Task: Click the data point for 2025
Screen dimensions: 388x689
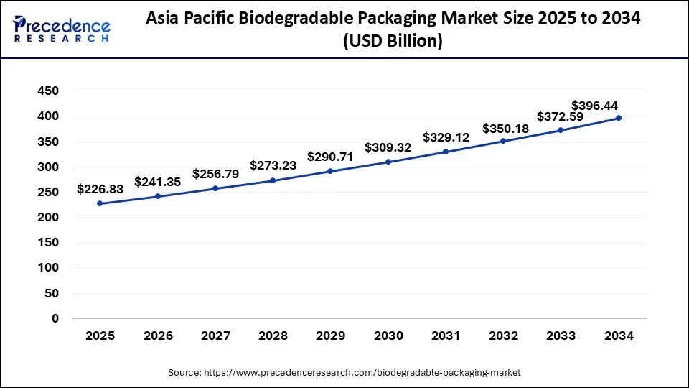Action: point(100,203)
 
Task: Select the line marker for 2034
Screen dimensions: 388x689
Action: point(619,118)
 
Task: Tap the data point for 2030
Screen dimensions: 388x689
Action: point(388,162)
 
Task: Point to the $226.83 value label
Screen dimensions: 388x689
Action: point(100,189)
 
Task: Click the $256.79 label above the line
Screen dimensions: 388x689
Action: point(215,174)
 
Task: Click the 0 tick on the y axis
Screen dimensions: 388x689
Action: point(55,318)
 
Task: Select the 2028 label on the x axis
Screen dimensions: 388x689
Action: point(273,335)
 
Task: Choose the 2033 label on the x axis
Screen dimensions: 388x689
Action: point(561,335)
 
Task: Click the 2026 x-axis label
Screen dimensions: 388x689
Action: point(157,335)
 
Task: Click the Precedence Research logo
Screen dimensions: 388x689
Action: point(62,29)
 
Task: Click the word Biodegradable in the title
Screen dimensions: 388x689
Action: point(294,19)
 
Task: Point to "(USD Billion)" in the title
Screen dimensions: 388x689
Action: point(393,42)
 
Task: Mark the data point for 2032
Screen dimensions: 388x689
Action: point(503,141)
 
